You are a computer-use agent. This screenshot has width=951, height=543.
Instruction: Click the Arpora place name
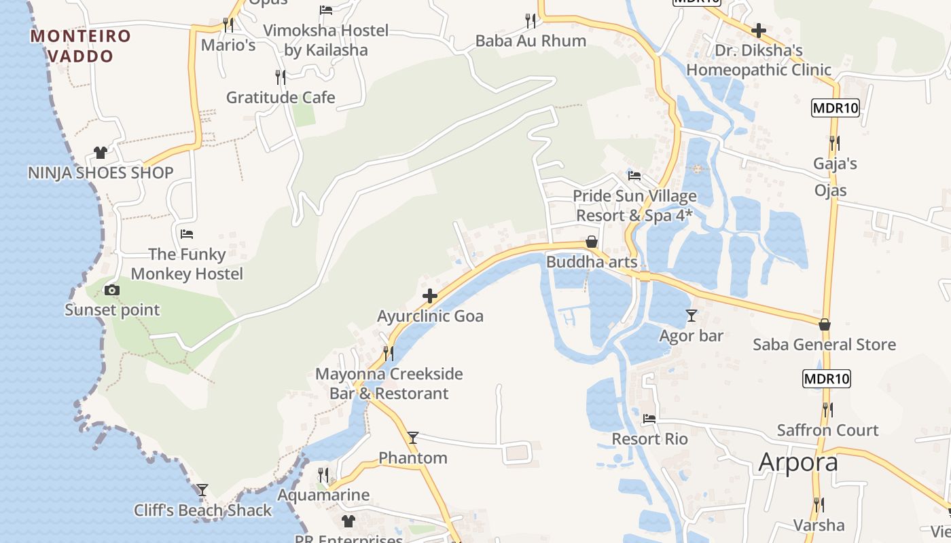798,462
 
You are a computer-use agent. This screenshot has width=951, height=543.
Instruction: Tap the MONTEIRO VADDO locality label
80,45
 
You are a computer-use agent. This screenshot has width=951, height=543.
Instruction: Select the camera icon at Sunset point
111,291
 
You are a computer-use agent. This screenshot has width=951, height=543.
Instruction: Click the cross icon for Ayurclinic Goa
429,296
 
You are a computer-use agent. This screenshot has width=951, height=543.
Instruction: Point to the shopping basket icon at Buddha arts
592,242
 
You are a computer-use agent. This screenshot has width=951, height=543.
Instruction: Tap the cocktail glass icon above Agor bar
692,316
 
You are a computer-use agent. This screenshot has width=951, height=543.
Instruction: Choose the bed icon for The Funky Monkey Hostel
187,234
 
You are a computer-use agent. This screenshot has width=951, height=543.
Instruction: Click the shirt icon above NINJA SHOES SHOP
101,153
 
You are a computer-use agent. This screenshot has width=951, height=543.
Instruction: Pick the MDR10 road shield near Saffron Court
826,379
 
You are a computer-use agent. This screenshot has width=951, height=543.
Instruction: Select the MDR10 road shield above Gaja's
836,108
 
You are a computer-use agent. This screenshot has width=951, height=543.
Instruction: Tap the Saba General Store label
824,345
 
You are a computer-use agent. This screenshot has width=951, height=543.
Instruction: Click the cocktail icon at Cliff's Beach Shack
202,490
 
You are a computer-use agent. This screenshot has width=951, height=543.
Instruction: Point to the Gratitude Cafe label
281,98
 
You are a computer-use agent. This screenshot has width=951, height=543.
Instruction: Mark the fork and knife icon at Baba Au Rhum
531,21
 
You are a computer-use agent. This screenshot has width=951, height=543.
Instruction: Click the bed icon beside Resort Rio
649,419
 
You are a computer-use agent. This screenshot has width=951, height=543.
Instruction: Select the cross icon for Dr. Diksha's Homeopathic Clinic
759,31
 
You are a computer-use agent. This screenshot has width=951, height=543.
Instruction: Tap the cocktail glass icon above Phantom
412,438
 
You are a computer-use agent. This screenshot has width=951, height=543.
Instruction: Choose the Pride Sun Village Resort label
634,206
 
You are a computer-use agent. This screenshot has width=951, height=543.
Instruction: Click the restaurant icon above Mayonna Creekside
388,354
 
